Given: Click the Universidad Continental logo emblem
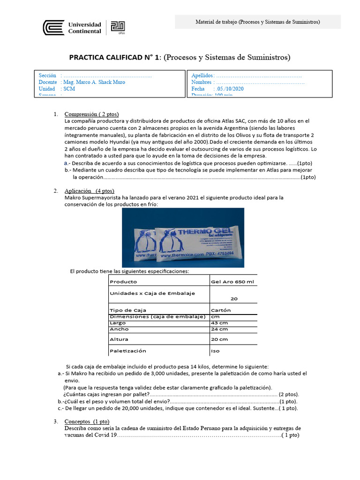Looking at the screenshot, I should point(53,28).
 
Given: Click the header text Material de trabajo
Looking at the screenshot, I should point(257,22).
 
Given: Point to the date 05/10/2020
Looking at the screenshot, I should point(230,89).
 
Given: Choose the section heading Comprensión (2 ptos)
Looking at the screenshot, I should point(91,114).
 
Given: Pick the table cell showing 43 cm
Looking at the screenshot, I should point(219,323).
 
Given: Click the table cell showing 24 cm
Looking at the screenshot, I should point(219,330).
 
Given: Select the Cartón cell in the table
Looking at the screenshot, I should point(221,310).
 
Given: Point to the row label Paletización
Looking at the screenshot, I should point(127,351).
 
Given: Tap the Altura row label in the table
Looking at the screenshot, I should point(119,339).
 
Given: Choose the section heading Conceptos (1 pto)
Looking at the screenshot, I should point(87,421).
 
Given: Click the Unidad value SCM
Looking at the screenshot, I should point(69,89).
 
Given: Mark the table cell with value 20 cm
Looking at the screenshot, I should point(219,339).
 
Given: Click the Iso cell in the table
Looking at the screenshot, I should point(216,351).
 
